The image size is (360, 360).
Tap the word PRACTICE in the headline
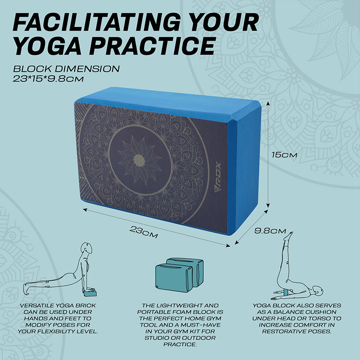(x=153, y=45)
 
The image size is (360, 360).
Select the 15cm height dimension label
(x=284, y=155)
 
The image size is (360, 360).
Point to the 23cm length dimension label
(x=144, y=232)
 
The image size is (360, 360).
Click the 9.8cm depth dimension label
(x=270, y=231)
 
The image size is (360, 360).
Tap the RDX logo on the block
(x=217, y=177)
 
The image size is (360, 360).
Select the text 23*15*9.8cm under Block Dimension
(x=48, y=79)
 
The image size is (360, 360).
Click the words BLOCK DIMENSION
(x=66, y=69)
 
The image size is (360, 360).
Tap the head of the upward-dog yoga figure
(x=87, y=248)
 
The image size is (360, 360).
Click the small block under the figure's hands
(x=90, y=293)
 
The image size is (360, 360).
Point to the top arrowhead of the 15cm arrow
(x=268, y=103)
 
